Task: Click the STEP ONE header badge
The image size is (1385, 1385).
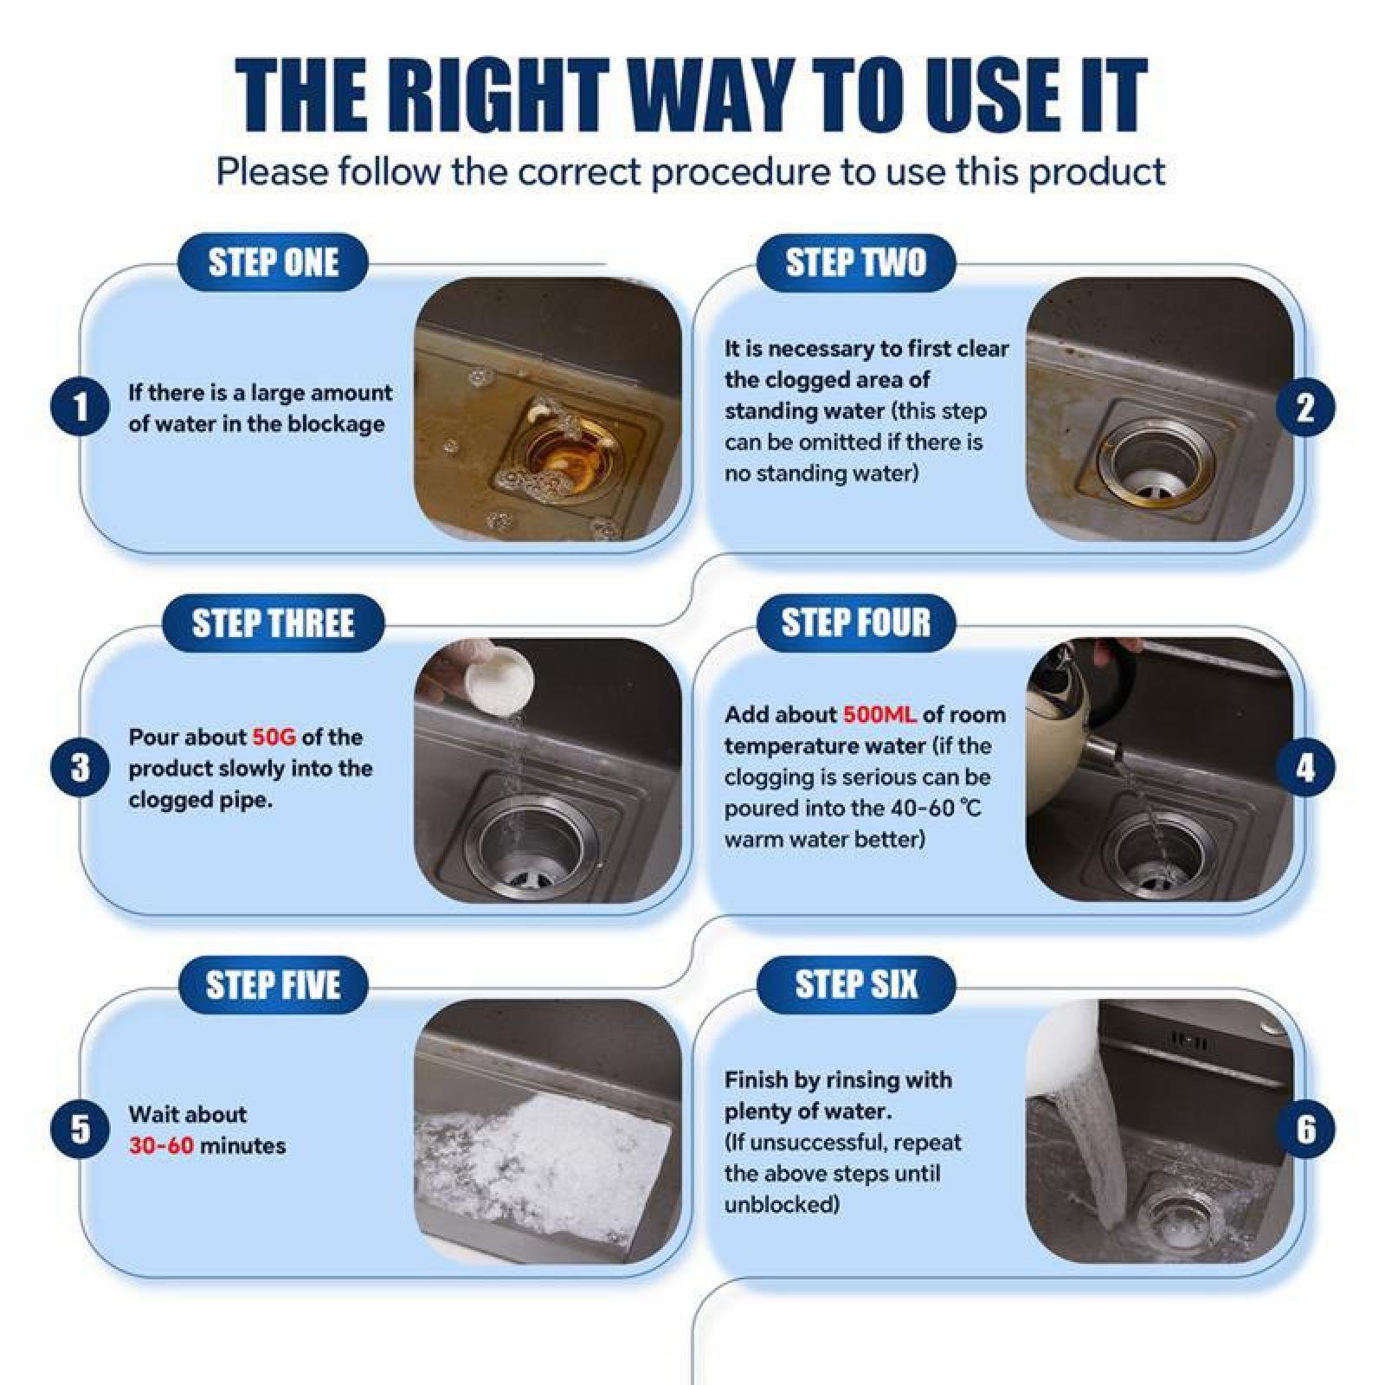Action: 273,262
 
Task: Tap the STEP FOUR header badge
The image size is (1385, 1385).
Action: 855,622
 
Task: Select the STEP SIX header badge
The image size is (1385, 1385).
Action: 855,984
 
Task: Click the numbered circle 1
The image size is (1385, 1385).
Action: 80,408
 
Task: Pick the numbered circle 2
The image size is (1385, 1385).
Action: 1305,408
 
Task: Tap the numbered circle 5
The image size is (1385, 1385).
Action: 80,1129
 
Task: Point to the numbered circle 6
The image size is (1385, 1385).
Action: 1305,1129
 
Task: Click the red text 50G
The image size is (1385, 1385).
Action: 274,738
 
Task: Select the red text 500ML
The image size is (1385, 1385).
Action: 879,715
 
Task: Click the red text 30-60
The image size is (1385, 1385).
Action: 161,1146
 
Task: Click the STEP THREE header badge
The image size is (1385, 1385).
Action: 273,623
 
